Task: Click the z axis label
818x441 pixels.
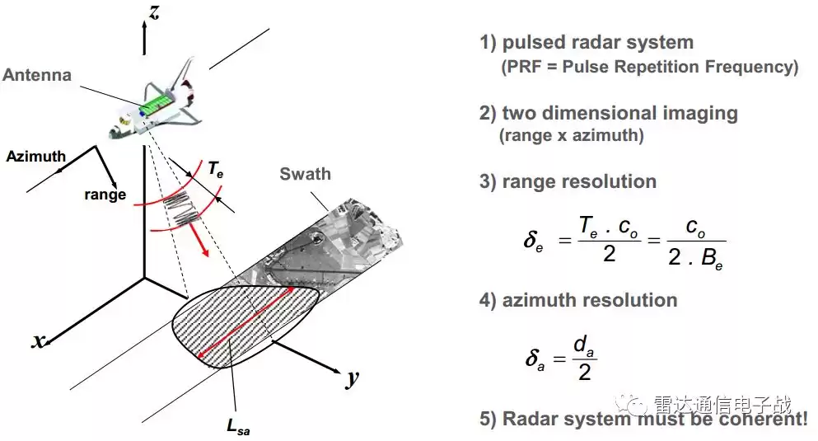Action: [x=154, y=12]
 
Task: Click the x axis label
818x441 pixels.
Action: [x=37, y=340]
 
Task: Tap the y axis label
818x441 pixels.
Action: [x=353, y=378]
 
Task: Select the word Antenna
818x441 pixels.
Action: [x=37, y=75]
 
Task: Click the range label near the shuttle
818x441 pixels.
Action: [x=105, y=195]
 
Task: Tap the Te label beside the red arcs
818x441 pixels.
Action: [x=215, y=171]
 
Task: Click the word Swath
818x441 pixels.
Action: [x=305, y=174]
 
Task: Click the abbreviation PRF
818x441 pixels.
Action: [x=518, y=68]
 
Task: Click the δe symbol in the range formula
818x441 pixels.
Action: [x=533, y=241]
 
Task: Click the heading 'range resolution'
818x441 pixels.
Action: [x=579, y=181]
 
